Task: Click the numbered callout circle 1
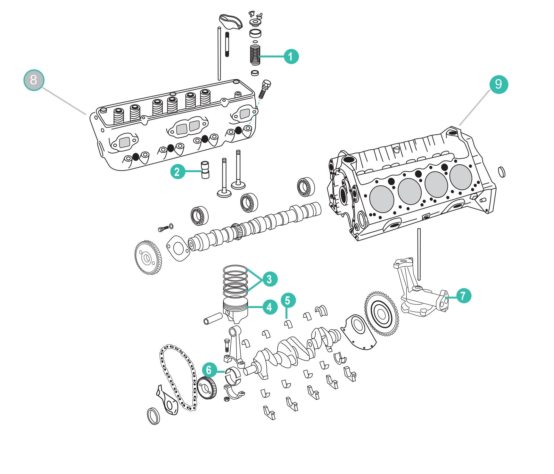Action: click(x=291, y=56)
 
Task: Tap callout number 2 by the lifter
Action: click(x=178, y=171)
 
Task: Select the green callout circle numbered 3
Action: click(x=269, y=279)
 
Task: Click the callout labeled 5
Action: click(x=288, y=300)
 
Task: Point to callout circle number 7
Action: click(x=463, y=296)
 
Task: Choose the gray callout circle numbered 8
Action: click(x=34, y=80)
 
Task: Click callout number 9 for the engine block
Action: click(x=499, y=84)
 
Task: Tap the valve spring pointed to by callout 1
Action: click(x=255, y=54)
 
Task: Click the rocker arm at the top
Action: click(x=230, y=21)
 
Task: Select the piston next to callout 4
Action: click(x=236, y=309)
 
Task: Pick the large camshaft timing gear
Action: click(x=148, y=258)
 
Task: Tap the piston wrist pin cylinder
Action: click(x=213, y=318)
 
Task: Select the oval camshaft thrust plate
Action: click(x=178, y=248)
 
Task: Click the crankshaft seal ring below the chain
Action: click(x=153, y=416)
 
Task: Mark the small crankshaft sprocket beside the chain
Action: click(x=206, y=388)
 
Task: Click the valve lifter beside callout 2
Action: click(x=205, y=170)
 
